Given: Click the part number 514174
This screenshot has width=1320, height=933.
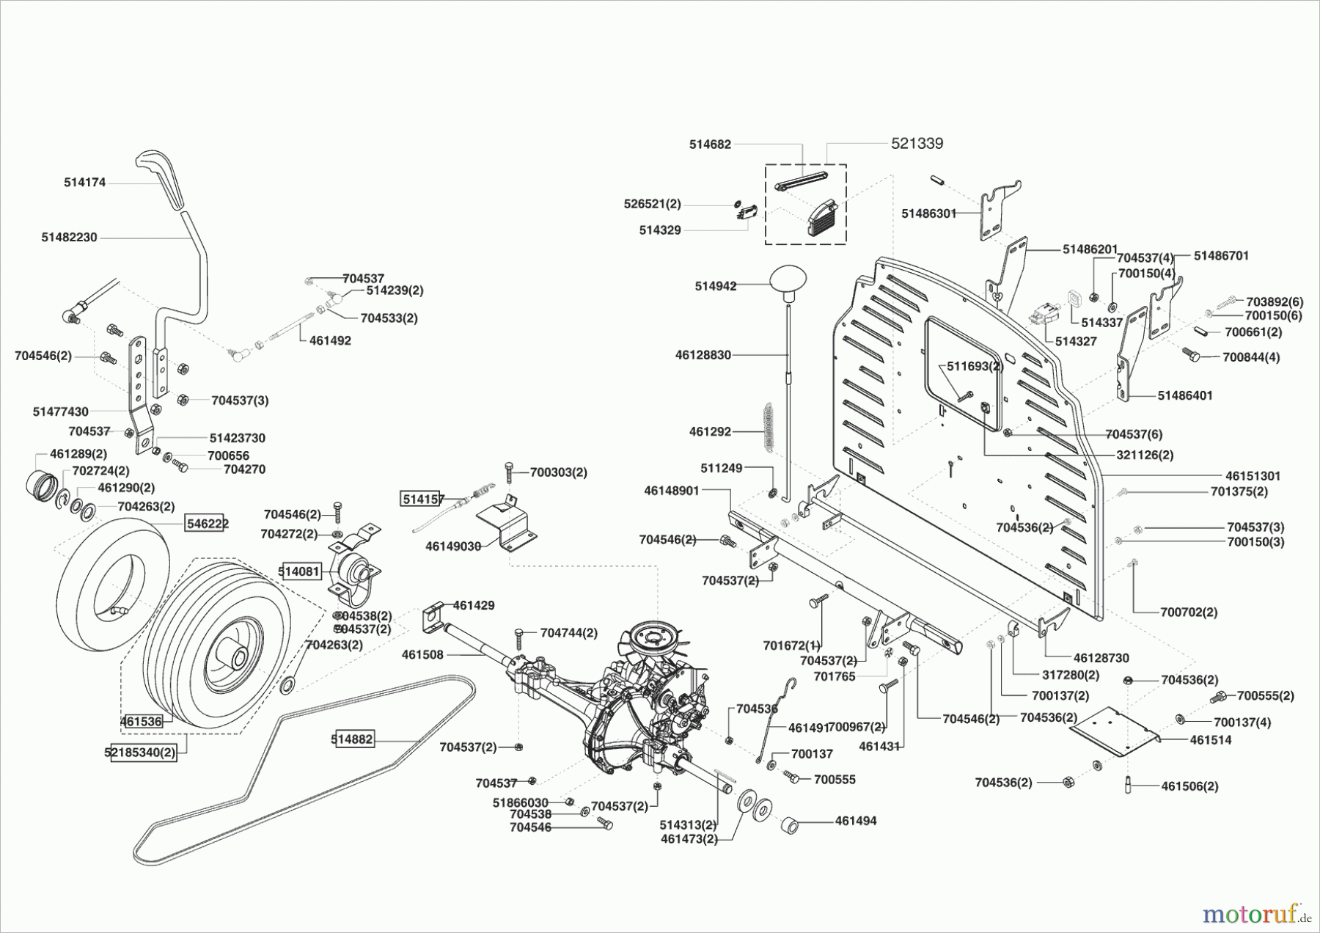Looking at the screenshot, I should (84, 183).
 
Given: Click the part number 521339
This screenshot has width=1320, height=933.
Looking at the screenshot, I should (917, 144).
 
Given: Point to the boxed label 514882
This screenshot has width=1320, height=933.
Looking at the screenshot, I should (352, 739).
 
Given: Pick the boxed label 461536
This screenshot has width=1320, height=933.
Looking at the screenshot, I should (141, 721).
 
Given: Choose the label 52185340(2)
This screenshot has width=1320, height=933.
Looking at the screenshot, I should (144, 752).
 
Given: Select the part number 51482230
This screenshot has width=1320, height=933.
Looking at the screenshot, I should (69, 238).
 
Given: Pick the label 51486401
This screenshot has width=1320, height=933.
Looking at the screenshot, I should (1185, 395).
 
